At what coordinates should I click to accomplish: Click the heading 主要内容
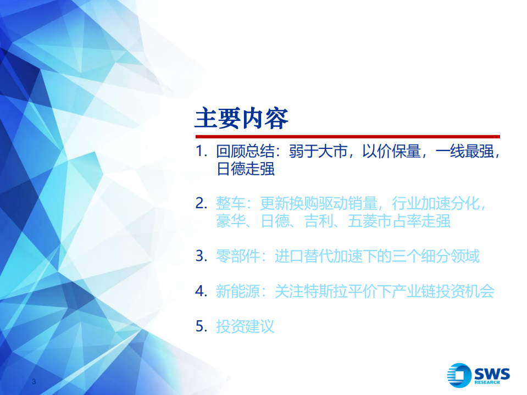[241, 118]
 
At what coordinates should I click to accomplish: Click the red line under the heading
[347, 136]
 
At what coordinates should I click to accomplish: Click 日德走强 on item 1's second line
[245, 169]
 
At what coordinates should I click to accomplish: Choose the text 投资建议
[245, 326]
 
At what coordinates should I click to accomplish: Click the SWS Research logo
[478, 376]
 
